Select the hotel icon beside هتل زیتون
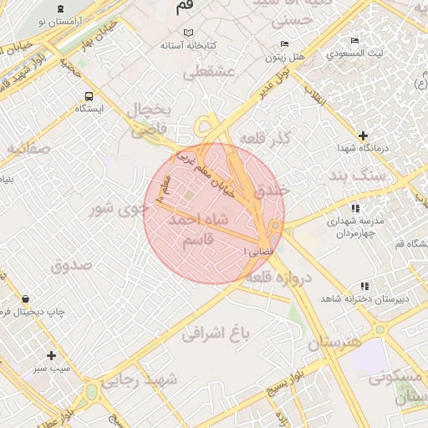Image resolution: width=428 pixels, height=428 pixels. tap(285, 43)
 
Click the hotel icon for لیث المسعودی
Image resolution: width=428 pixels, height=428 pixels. tap(355, 40)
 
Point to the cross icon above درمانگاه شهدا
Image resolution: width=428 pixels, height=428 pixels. tap(363, 135)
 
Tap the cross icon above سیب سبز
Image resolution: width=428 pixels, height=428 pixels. tap(52, 355)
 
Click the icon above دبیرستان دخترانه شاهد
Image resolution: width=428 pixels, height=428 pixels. tap(364, 285)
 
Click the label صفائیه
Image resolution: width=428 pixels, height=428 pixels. tap(29, 149)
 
